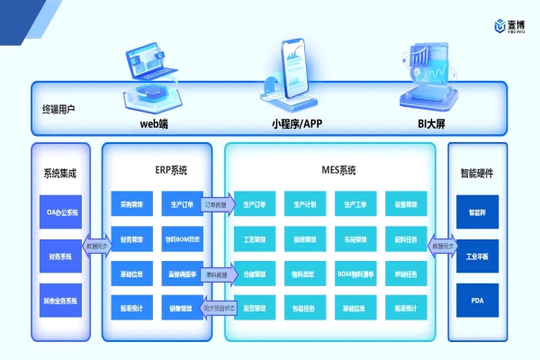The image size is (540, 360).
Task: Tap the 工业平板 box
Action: (477, 256)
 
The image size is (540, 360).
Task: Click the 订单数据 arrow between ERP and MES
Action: (216, 204)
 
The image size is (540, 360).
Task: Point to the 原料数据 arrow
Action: (216, 274)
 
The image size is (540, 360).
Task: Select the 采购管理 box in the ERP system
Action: (131, 204)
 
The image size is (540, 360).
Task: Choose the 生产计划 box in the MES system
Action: (306, 204)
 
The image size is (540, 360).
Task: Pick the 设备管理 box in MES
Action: (405, 204)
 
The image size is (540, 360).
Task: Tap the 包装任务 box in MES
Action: (306, 309)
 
